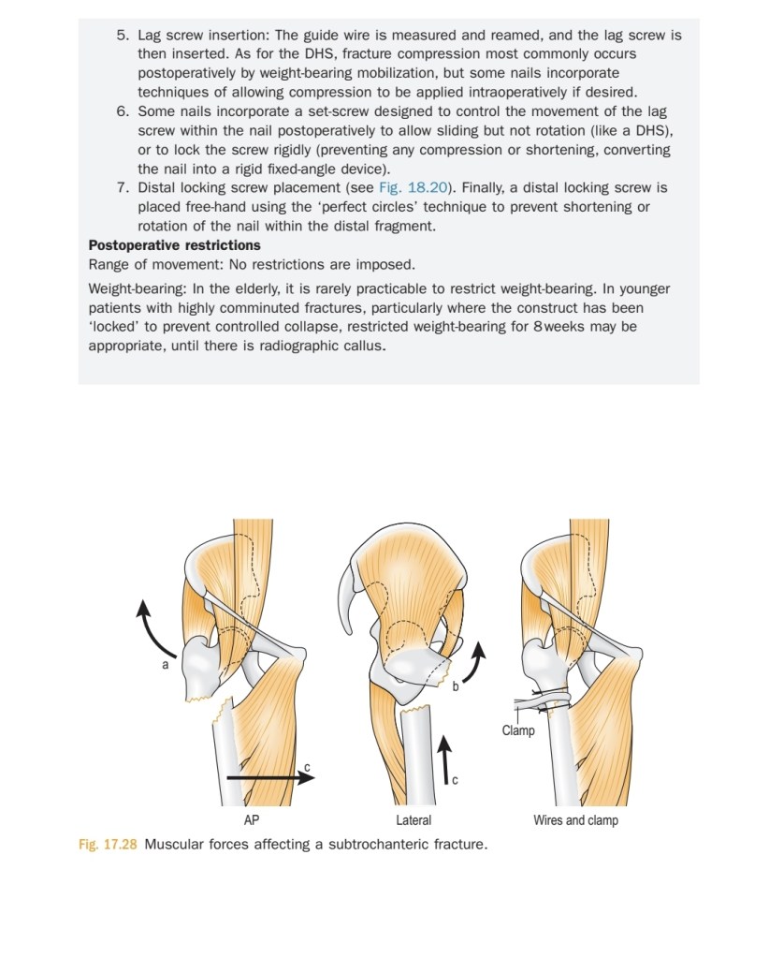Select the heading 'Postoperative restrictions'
tap(174, 245)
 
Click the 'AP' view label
tap(251, 820)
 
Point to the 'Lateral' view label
tap(414, 820)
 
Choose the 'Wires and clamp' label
tap(575, 820)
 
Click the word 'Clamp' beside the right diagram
tap(517, 730)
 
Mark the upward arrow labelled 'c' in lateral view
tap(445, 758)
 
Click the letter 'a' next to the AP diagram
tap(166, 664)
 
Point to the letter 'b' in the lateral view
tap(456, 686)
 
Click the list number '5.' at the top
tap(123, 35)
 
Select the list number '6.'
tap(123, 111)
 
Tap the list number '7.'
tap(123, 188)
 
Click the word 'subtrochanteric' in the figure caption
tap(358, 845)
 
